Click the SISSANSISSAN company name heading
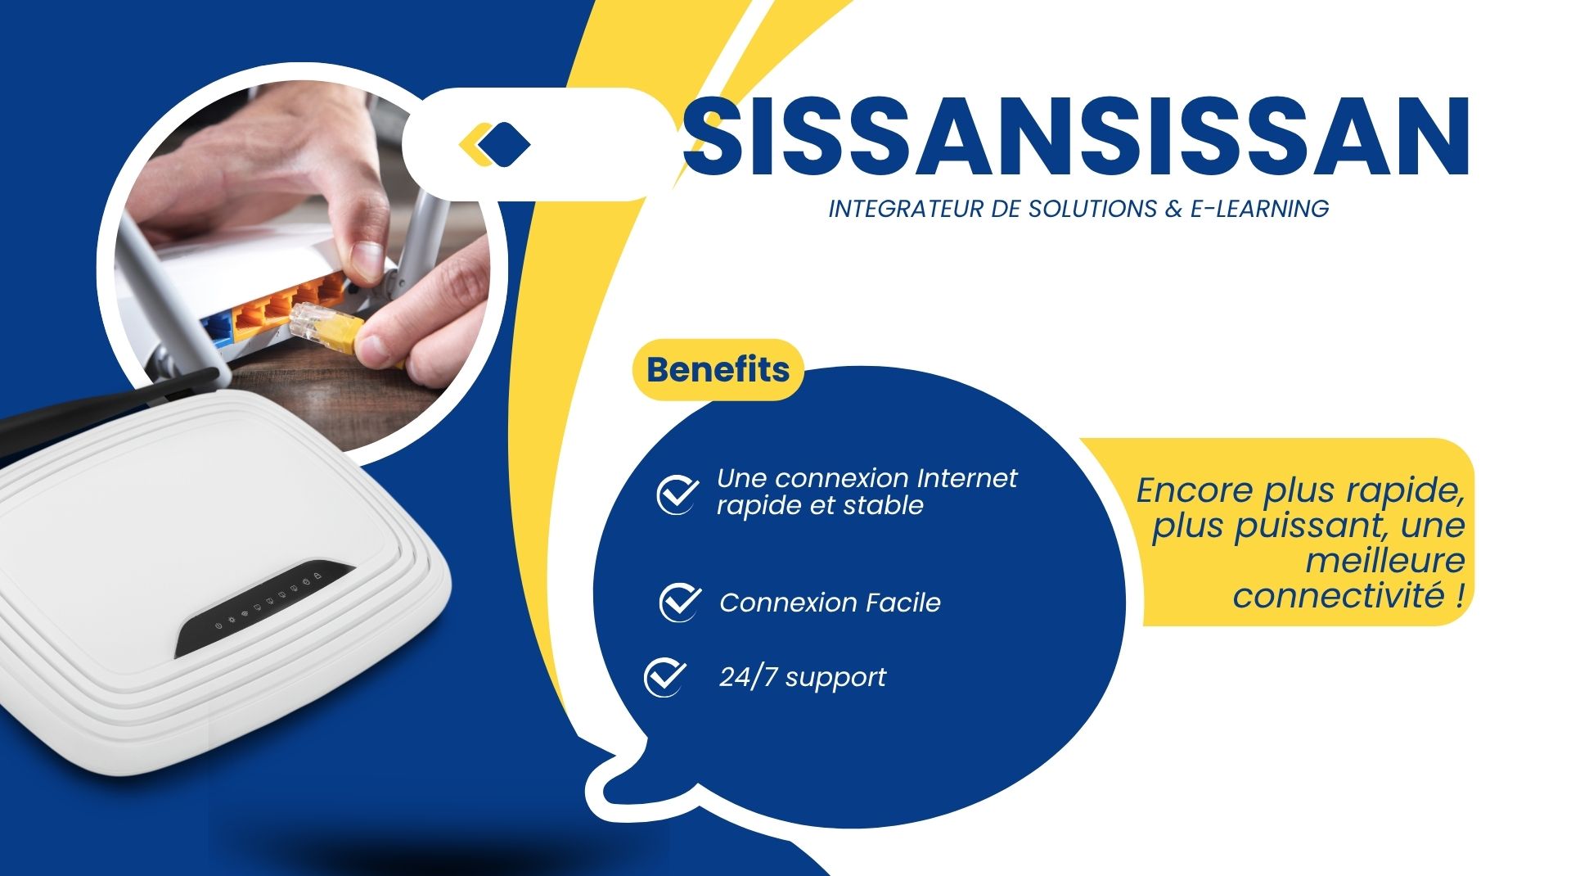[x=1075, y=136]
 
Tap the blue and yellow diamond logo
[x=494, y=144]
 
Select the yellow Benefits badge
[x=718, y=369]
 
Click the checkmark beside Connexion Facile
[x=679, y=603]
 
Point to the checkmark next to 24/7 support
[x=664, y=677]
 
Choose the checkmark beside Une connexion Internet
[x=677, y=494]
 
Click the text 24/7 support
[x=802, y=678]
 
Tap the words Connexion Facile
[x=830, y=603]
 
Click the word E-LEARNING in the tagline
[x=1259, y=209]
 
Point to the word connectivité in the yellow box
[x=1339, y=595]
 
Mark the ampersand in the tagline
[x=1173, y=209]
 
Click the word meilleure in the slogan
[x=1385, y=561]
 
